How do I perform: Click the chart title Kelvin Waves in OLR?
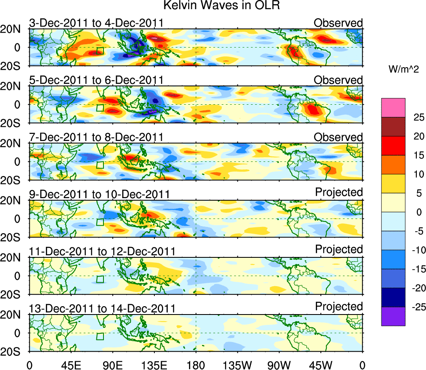click(213, 6)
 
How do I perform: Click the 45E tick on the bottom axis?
click(71, 365)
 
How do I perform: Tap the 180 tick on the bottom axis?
click(196, 365)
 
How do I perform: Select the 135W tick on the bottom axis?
click(237, 365)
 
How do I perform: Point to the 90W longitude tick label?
click(279, 365)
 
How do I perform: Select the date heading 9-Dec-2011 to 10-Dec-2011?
click(99, 194)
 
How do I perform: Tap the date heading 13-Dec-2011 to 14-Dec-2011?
click(102, 309)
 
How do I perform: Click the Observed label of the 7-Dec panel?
click(338, 137)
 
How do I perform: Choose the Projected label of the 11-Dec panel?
click(339, 249)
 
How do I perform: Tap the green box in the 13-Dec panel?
click(100, 336)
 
